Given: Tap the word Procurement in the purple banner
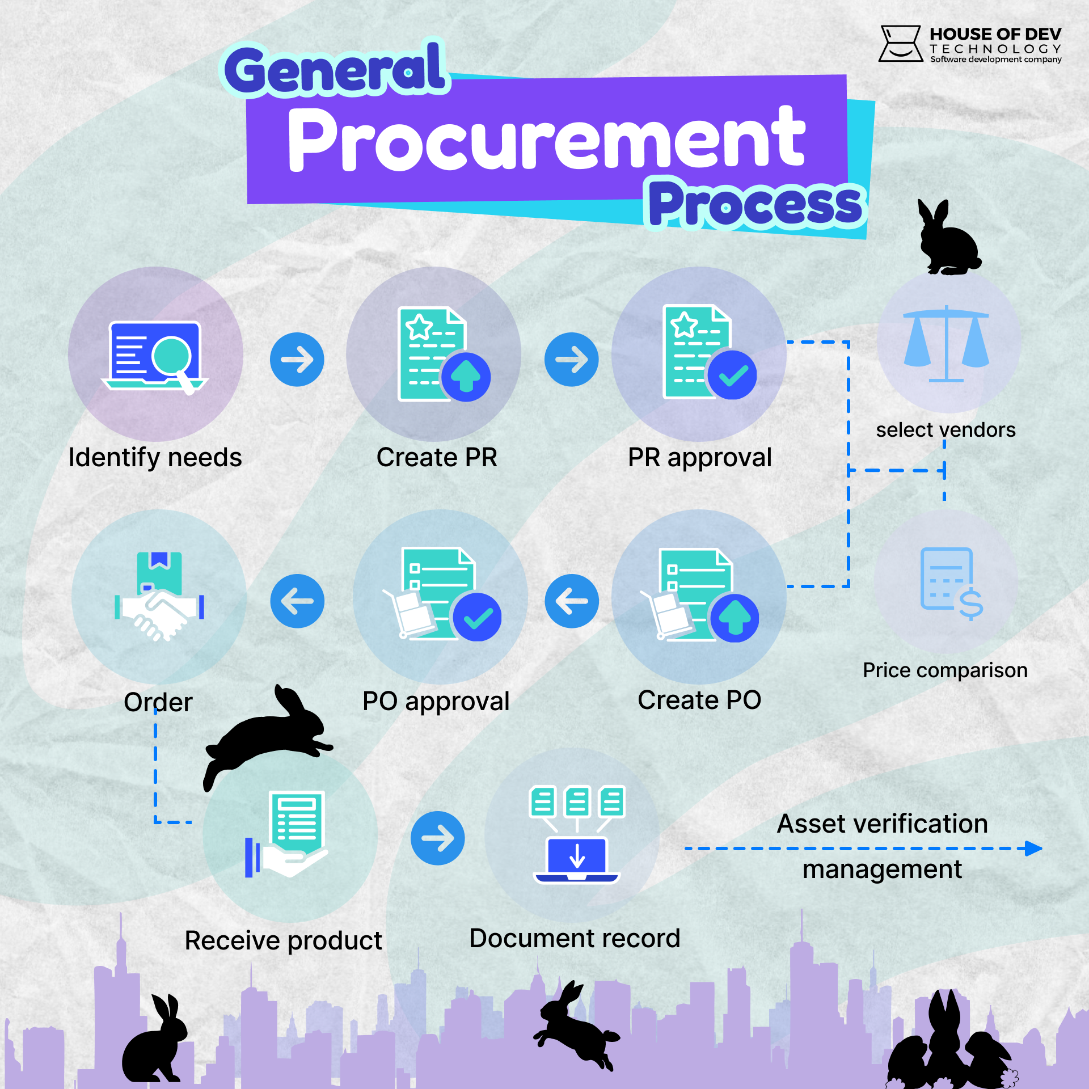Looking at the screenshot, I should pyautogui.click(x=546, y=139).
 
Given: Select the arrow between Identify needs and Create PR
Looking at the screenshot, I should pyautogui.click(x=297, y=360).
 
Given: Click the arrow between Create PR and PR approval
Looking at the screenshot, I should pyautogui.click(x=571, y=360).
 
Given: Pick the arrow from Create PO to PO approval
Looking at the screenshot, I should pyautogui.click(x=571, y=601).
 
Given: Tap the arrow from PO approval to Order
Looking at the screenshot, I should pyautogui.click(x=297, y=601).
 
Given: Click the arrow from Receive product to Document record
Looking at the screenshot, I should pyautogui.click(x=437, y=838).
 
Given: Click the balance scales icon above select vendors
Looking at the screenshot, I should pyautogui.click(x=946, y=344).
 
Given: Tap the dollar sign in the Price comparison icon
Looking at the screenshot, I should pyautogui.click(x=970, y=603).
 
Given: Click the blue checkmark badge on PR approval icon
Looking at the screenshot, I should pyautogui.click(x=732, y=375).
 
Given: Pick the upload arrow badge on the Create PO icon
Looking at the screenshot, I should pyautogui.click(x=735, y=618).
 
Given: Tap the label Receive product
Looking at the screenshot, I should pyautogui.click(x=283, y=940).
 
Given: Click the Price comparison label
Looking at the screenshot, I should pyautogui.click(x=945, y=670).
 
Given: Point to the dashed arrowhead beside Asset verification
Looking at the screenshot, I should pyautogui.click(x=1033, y=849).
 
